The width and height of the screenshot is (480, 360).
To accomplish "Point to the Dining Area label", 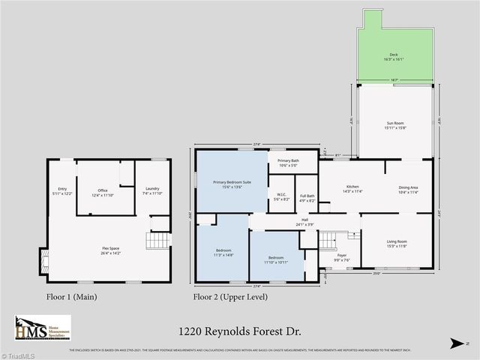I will [409, 188].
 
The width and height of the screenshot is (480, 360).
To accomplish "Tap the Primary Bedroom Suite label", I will [231, 184].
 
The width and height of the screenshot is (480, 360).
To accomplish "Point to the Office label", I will [104, 192].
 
